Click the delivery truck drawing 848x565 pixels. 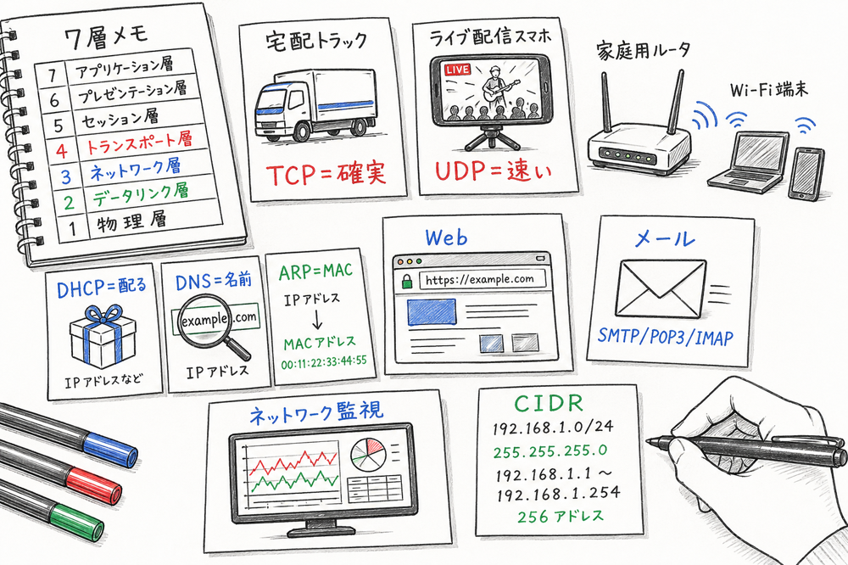click(x=314, y=106)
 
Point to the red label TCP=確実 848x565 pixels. click(x=326, y=173)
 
